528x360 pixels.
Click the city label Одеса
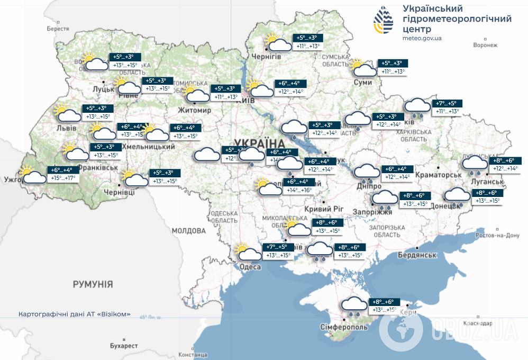(250, 267)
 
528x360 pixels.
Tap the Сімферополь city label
(344, 327)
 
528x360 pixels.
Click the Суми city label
(363, 83)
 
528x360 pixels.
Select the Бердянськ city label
(418, 255)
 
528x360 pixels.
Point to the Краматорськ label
(439, 175)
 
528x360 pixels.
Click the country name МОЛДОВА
(188, 231)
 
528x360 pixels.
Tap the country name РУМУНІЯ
(93, 284)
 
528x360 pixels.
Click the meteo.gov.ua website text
(422, 38)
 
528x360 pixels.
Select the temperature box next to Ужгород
(63, 174)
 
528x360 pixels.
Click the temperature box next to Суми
(393, 67)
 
